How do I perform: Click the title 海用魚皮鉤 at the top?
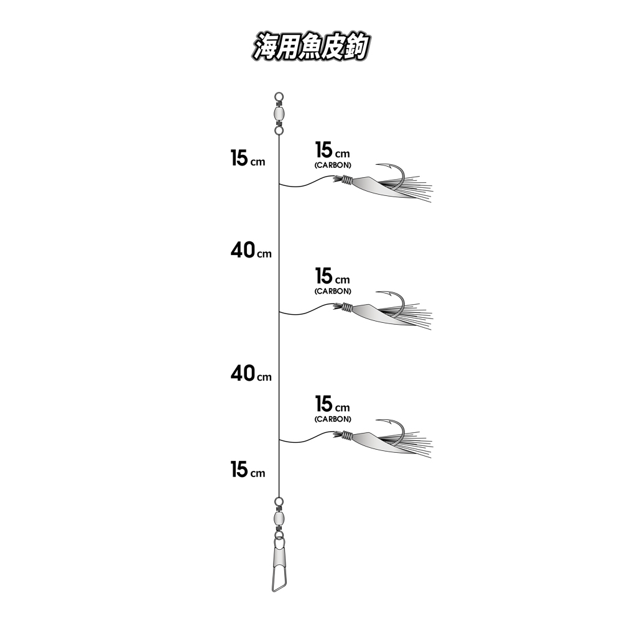tap(311, 47)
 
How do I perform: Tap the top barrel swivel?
tap(279, 114)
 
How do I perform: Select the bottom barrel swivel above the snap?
tap(279, 518)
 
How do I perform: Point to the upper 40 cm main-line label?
tap(251, 251)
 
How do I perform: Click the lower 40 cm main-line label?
tap(251, 374)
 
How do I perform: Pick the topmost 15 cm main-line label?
tap(248, 158)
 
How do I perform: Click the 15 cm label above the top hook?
tap(332, 150)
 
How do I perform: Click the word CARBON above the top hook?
tap(333, 165)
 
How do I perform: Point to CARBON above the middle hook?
tap(333, 290)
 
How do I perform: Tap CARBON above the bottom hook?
tap(333, 419)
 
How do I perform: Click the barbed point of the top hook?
tap(377, 165)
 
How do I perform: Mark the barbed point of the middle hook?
tap(377, 293)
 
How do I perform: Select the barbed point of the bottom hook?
tap(377, 420)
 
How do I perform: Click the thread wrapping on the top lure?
tap(347, 180)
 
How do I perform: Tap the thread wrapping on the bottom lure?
tap(347, 437)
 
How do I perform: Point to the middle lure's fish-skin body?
tap(377, 313)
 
